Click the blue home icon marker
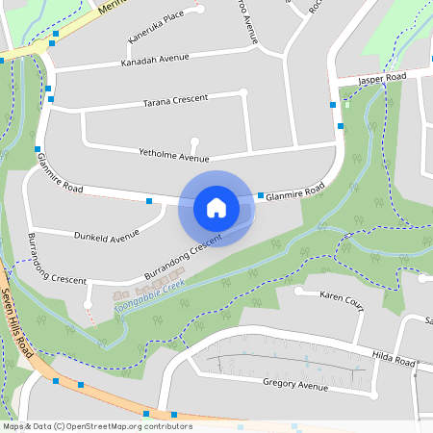(x=216, y=208)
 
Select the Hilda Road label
(x=395, y=358)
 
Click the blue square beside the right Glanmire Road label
(x=261, y=195)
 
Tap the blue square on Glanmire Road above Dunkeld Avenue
(x=149, y=200)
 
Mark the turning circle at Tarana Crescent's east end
(x=243, y=93)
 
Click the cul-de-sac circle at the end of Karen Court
(x=299, y=291)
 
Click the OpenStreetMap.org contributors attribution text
(x=126, y=426)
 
